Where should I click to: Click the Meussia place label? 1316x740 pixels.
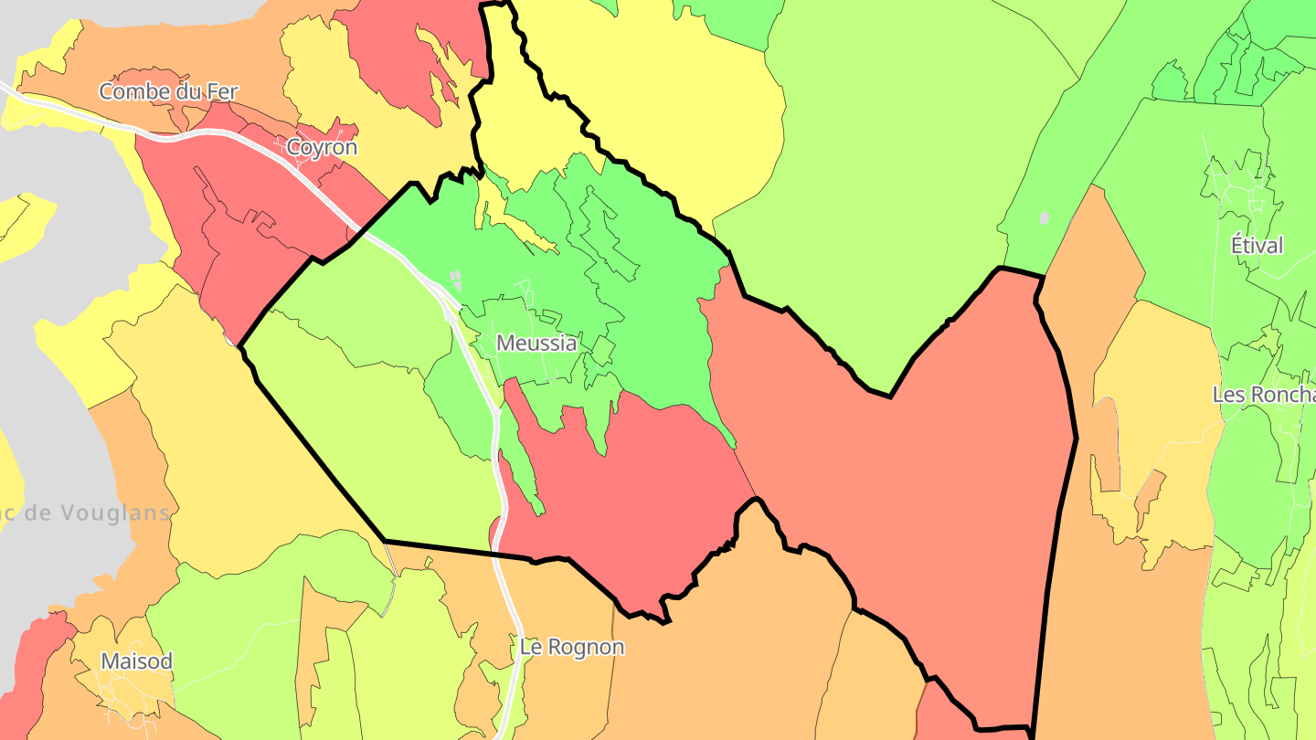pos(536,344)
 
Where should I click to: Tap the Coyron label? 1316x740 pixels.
pos(322,147)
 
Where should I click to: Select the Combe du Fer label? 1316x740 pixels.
pos(168,91)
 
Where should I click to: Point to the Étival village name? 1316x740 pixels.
pos(1257,246)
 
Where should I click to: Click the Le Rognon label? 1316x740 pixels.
pos(572,648)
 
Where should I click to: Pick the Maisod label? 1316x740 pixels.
pos(136,661)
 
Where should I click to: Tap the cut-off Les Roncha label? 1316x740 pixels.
pos(1263,395)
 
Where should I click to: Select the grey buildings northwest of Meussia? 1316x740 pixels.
pos(455,279)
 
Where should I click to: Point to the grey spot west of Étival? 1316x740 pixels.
pos(1044,218)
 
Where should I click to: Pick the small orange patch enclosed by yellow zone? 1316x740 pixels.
pos(1151,493)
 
